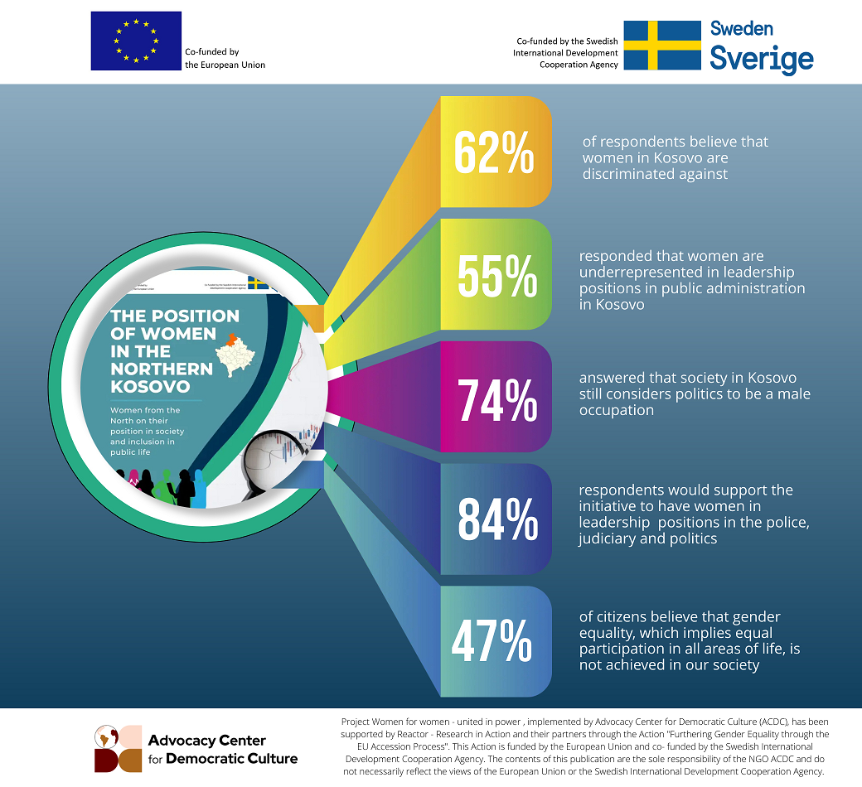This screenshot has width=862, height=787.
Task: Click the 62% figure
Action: [x=495, y=151]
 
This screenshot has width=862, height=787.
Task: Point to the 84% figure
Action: [x=498, y=519]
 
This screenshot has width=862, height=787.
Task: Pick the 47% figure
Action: [x=492, y=641]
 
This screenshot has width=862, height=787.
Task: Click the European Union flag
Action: [x=136, y=41]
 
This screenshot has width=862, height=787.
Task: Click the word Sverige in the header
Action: [x=761, y=60]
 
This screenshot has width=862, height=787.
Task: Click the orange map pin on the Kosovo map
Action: [x=235, y=339]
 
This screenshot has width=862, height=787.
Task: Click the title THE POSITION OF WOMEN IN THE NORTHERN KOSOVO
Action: [x=175, y=351]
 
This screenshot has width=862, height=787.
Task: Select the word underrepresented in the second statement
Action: [x=639, y=273]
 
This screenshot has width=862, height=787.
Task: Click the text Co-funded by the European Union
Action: [x=225, y=58]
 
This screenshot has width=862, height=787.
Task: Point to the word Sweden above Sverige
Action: [x=741, y=28]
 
